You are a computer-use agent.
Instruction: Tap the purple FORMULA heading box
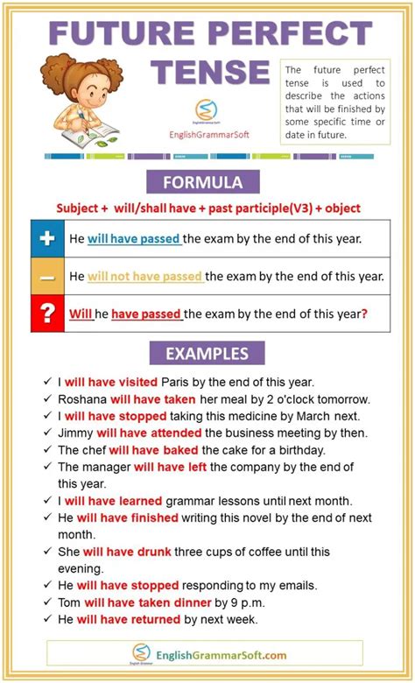click(207, 182)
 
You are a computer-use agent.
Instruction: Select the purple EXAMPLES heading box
click(207, 354)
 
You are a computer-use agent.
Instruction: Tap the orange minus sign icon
click(47, 277)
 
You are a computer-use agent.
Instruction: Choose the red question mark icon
click(47, 313)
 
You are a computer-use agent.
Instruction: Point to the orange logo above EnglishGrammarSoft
click(206, 111)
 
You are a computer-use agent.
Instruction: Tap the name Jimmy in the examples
click(76, 433)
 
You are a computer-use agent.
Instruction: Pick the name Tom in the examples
click(70, 602)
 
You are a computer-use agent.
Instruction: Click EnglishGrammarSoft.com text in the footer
click(222, 654)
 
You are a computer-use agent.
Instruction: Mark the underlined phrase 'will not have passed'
click(145, 276)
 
